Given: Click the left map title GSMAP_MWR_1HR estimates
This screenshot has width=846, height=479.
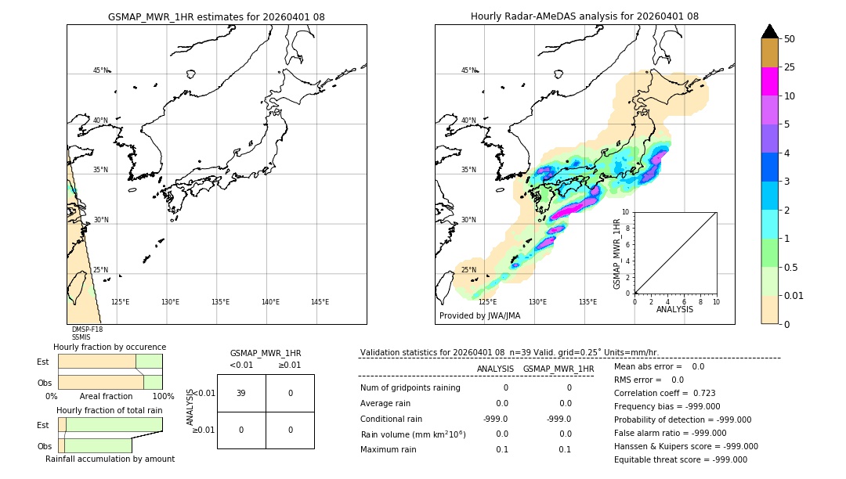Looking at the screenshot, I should [x=216, y=16].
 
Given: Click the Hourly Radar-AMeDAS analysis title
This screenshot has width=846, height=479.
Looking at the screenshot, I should [x=584, y=16].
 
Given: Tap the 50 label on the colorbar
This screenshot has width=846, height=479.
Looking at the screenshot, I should [x=790, y=39].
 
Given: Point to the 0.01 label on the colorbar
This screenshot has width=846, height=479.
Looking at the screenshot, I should [x=794, y=295].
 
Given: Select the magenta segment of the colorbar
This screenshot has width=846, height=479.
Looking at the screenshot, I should [x=769, y=81].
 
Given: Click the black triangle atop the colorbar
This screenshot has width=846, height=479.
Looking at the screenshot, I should [x=769, y=31].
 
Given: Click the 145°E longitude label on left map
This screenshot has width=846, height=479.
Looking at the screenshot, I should [x=320, y=302].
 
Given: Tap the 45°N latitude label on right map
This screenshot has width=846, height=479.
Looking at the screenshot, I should [x=468, y=70].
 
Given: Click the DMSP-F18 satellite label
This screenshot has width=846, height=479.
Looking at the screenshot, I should [x=87, y=330].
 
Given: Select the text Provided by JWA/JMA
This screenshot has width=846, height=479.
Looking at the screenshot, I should [x=479, y=316].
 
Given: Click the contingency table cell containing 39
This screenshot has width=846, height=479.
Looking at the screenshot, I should [x=241, y=393].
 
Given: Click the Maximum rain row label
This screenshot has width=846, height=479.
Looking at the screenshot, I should [x=389, y=449].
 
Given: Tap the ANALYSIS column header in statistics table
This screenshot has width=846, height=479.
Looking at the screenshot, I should [x=495, y=369].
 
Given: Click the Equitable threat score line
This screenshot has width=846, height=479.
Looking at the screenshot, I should [x=680, y=459].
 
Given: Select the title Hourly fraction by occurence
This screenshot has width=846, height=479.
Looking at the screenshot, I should [x=110, y=347].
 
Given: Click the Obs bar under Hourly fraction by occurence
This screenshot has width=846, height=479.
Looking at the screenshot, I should [x=110, y=382].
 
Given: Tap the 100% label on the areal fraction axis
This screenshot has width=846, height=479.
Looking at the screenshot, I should [x=163, y=397].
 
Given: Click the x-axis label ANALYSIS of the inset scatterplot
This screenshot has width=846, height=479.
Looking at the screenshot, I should [x=674, y=309].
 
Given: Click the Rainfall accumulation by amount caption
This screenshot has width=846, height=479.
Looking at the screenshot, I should [x=110, y=459].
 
